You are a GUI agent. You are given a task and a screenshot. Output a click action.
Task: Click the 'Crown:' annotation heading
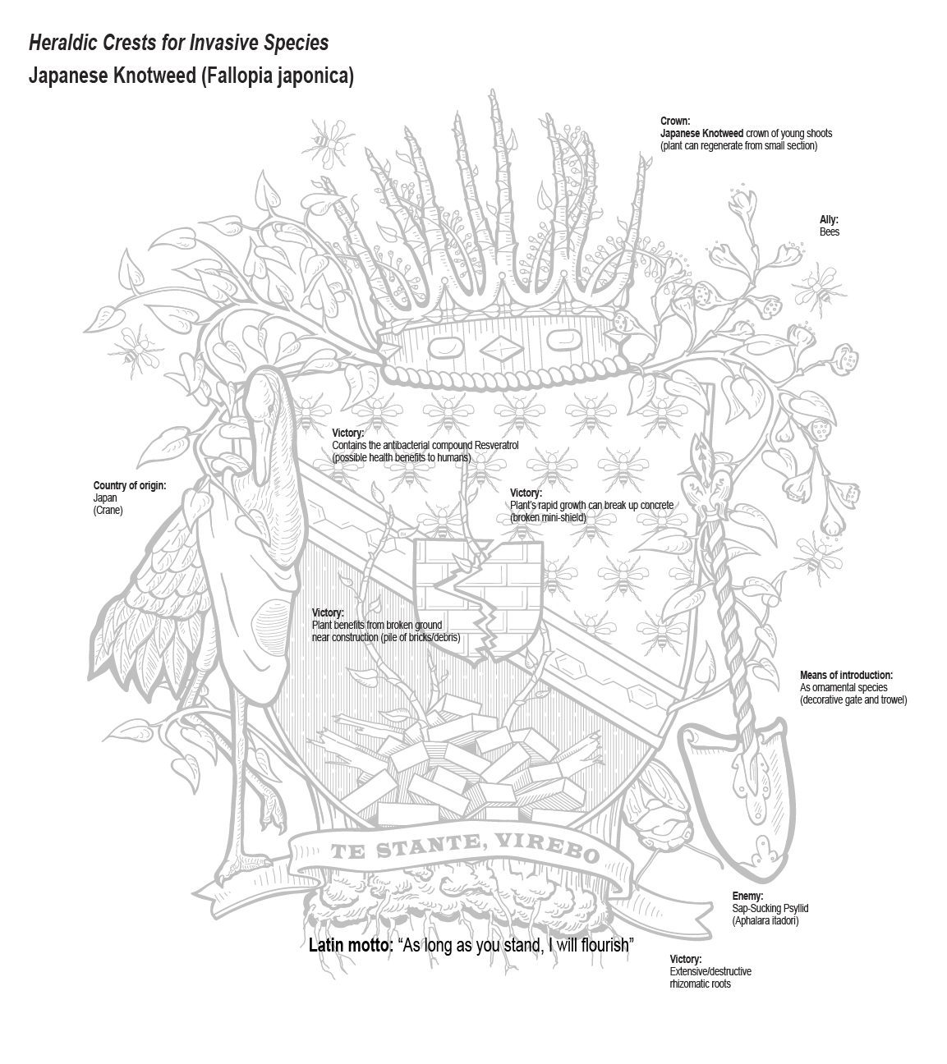(675, 121)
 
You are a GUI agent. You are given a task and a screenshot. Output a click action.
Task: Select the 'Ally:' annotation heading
(829, 219)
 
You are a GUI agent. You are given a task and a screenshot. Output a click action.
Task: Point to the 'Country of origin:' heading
(130, 485)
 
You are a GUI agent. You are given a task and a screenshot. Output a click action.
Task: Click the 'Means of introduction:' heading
(846, 675)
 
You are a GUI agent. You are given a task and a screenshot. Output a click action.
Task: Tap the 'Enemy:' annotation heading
(747, 896)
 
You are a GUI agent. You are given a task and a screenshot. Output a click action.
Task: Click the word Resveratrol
(497, 445)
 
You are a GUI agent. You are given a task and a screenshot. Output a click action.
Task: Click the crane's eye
(269, 407)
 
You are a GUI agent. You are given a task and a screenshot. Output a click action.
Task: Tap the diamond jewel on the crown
(501, 347)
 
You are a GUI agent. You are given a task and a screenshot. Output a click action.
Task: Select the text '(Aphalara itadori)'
(765, 920)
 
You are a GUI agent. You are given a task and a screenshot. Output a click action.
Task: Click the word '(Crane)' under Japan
(108, 510)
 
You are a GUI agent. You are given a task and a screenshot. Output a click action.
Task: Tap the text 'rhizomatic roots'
(700, 984)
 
